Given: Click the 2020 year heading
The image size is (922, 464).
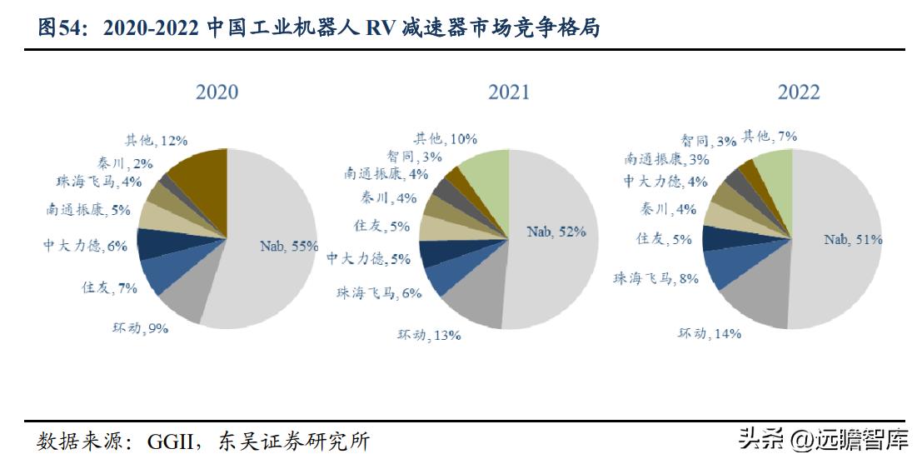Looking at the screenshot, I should point(217,92).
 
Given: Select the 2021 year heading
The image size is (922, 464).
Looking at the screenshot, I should point(508,92).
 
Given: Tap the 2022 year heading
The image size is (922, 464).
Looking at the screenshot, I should point(799,92).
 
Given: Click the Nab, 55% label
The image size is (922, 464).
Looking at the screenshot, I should point(289,246).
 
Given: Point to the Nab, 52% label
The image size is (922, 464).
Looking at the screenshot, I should point(556,232).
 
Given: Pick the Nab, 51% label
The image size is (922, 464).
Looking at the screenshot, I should point(853,239).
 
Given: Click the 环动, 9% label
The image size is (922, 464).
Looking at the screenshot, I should point(141,328).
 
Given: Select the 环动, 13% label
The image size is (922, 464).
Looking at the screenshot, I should point(429,335).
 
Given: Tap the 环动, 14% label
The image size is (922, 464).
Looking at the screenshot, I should point(710,333).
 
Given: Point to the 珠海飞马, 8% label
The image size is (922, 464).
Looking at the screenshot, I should point(655,278).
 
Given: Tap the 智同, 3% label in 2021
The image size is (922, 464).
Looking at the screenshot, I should point(415,156).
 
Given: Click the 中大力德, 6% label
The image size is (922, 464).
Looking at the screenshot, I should point(85,245).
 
